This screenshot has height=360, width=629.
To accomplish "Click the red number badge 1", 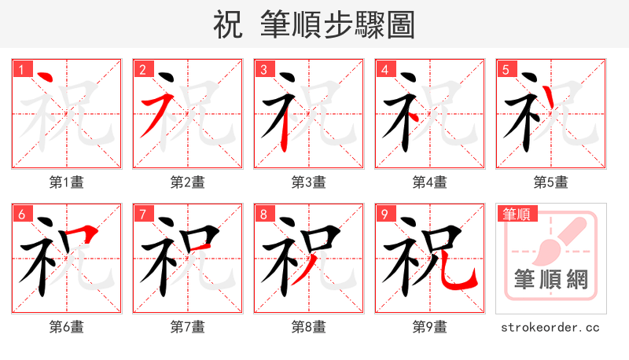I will click(x=21, y=68).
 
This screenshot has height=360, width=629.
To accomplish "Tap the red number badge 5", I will click(x=506, y=68).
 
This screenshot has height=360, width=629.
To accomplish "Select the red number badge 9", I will click(x=384, y=214).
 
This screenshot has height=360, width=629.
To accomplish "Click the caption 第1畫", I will click(x=67, y=182).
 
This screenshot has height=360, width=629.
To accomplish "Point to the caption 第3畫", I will click(x=309, y=182).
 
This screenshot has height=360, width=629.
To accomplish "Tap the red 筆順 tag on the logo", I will click(x=517, y=214).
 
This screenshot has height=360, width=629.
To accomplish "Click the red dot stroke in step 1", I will click(x=45, y=78).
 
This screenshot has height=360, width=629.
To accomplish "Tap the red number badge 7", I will click(x=142, y=214).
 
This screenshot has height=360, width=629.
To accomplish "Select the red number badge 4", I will click(x=384, y=68).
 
